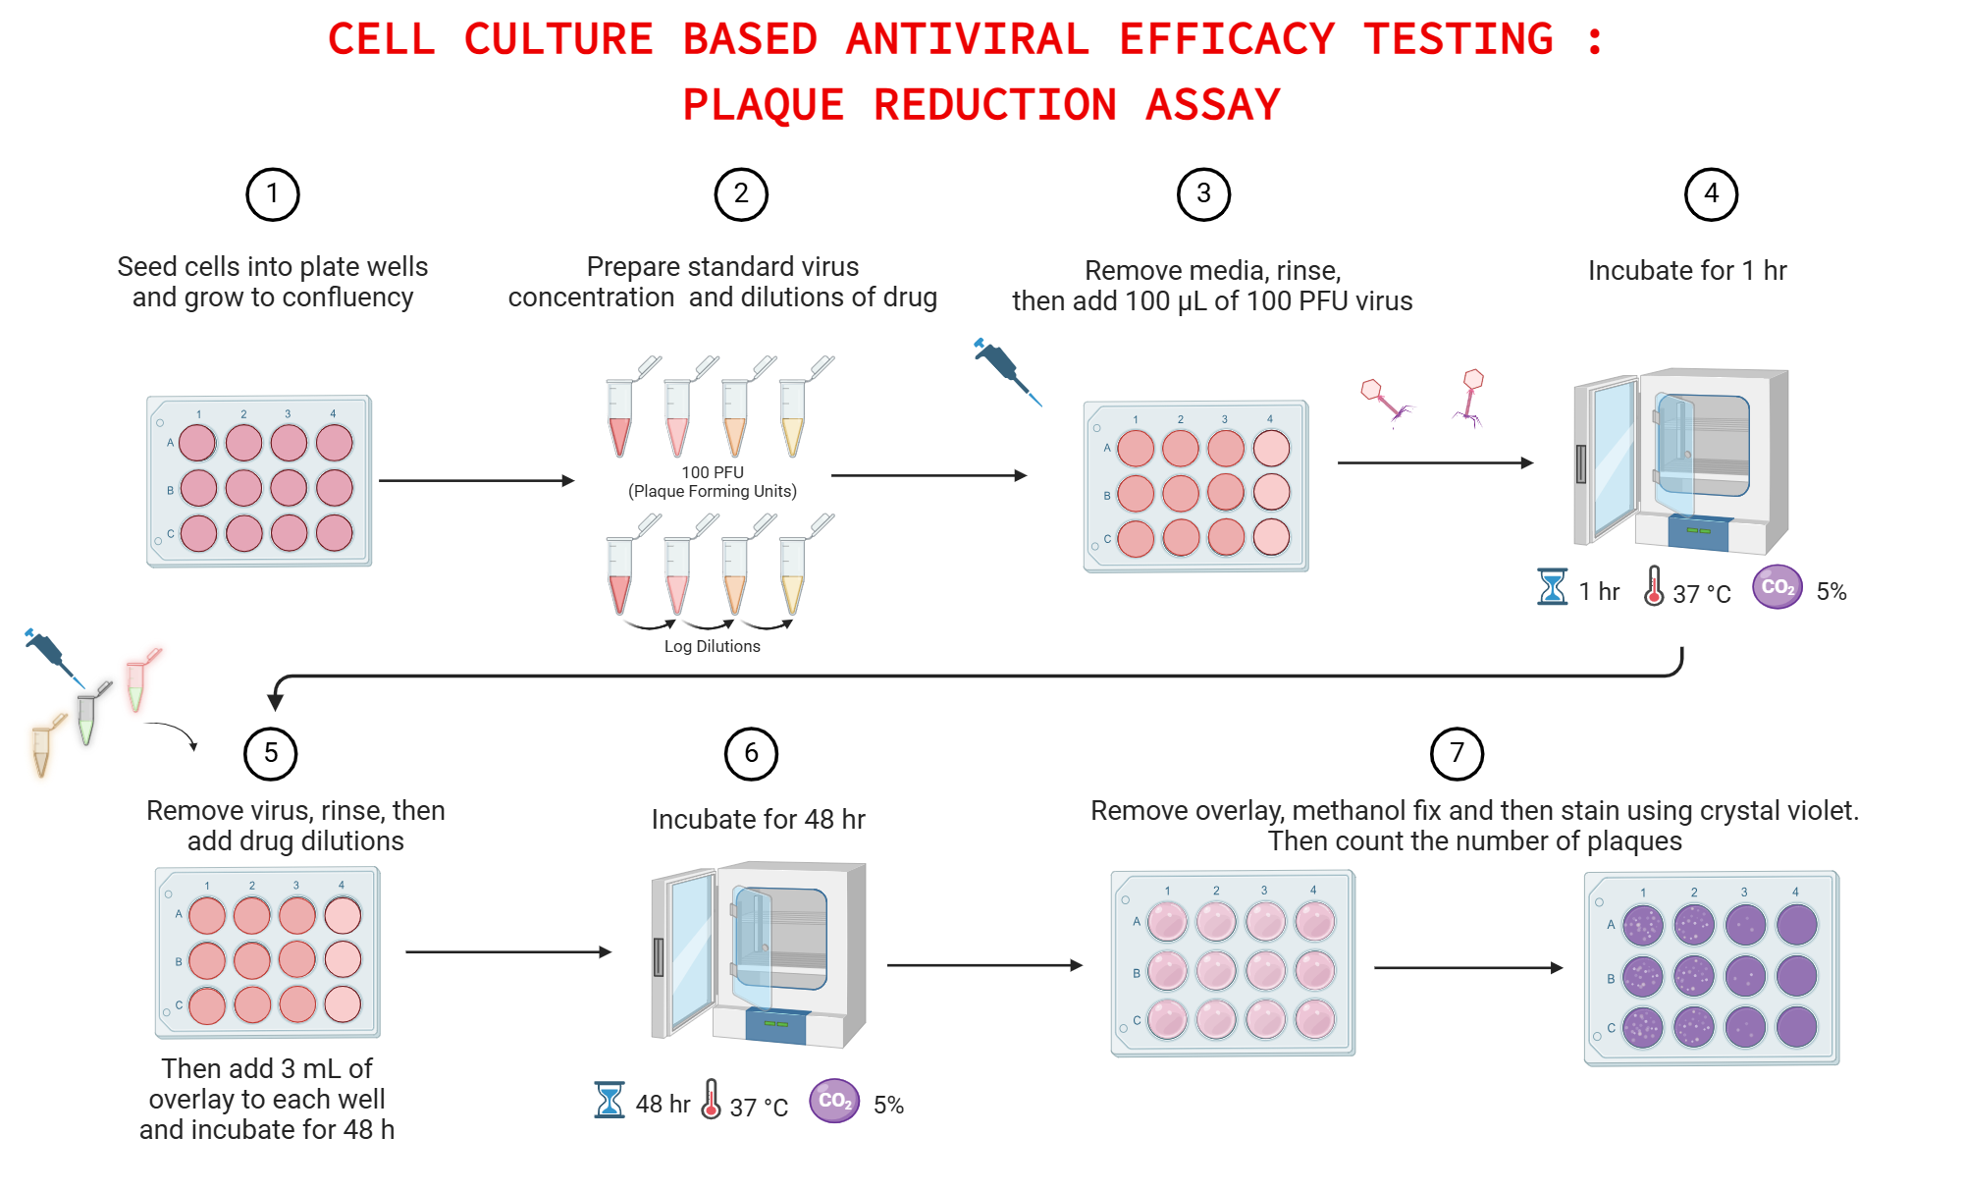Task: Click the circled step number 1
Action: [x=272, y=194]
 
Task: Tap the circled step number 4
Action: [x=1711, y=194]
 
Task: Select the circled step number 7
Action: [x=1457, y=754]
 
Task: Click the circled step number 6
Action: [x=751, y=754]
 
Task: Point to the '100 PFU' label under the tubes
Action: [x=713, y=472]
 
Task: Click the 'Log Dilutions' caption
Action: [x=712, y=646]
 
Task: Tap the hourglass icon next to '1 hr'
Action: [x=1552, y=587]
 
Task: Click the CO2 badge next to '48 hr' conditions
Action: [x=834, y=1101]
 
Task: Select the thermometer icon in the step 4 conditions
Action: [x=1654, y=586]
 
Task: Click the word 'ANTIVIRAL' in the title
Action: [x=967, y=39]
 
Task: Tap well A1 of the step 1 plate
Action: [x=197, y=443]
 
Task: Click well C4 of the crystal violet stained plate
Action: [x=1796, y=1027]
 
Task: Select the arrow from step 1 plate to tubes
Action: [x=476, y=480]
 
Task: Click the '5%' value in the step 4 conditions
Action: [x=1830, y=591]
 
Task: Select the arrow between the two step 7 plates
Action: [x=1467, y=967]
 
